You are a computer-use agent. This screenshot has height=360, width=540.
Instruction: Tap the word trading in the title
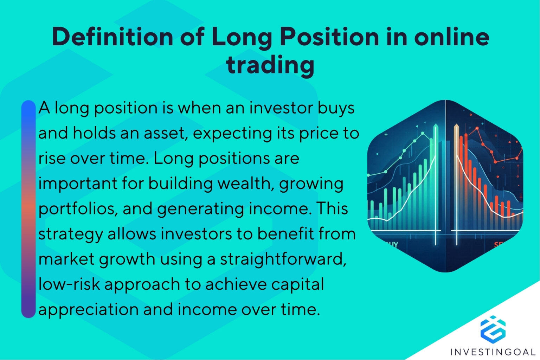(x=270, y=65)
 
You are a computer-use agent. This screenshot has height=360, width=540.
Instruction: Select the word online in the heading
(x=451, y=37)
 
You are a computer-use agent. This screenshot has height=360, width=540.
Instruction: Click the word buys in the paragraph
(x=336, y=108)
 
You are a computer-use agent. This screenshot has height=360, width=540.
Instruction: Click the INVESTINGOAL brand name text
(x=493, y=352)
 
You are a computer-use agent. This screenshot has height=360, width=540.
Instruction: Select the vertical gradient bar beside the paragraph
(x=28, y=209)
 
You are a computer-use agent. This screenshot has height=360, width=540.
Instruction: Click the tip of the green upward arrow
(x=436, y=126)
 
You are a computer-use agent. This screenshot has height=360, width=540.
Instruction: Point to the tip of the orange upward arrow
(x=456, y=126)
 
